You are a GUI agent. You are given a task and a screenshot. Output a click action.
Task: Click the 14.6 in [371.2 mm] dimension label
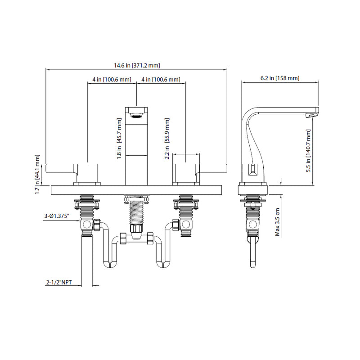tap(137, 66)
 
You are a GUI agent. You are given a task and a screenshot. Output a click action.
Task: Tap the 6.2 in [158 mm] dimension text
tap(280, 78)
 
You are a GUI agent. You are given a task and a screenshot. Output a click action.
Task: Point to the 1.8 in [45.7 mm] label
tap(119, 138)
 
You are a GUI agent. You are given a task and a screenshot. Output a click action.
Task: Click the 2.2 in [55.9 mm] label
tap(167, 139)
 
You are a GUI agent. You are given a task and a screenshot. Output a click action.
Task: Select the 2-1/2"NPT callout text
tap(58, 283)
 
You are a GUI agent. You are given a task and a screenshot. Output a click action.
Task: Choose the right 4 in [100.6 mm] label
tap(161, 80)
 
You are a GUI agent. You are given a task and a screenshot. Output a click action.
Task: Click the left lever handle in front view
tap(61, 169)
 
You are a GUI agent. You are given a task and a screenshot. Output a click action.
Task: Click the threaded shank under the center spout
tap(136, 211)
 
